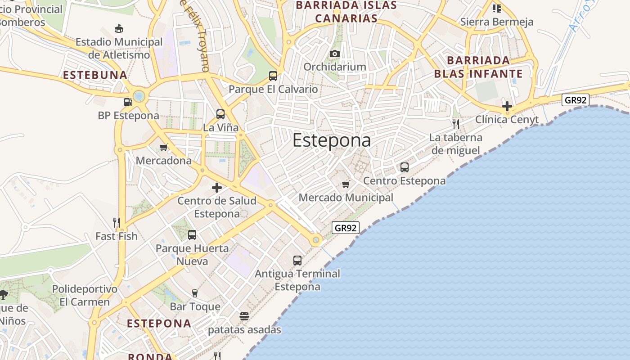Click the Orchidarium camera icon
(x=334, y=54)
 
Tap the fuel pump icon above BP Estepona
(x=128, y=102)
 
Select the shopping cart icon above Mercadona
(x=164, y=147)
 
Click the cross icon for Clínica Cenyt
(x=507, y=106)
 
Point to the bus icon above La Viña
(x=220, y=114)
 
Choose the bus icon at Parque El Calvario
(x=273, y=76)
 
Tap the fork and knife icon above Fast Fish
(x=116, y=222)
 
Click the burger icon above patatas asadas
(x=244, y=316)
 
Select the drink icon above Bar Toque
(x=195, y=293)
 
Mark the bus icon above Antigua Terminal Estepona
(x=297, y=260)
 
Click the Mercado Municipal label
(x=346, y=198)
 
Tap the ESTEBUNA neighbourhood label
(x=95, y=75)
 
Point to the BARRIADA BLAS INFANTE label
(x=478, y=67)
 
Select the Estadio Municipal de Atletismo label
(x=119, y=48)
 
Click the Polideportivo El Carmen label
(x=85, y=295)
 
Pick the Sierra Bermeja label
(x=497, y=22)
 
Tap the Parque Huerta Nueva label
(x=192, y=255)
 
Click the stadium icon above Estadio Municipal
(x=119, y=29)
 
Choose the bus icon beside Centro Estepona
(x=405, y=167)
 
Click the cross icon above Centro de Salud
(x=217, y=188)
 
